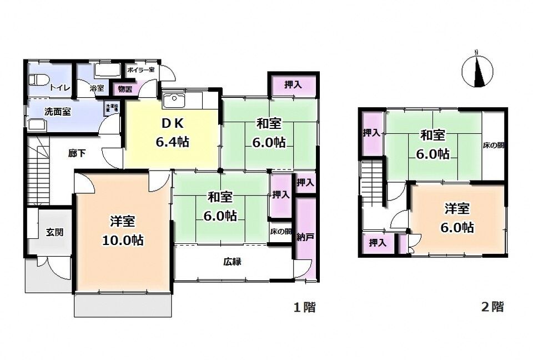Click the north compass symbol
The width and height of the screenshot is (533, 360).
coord(477,72)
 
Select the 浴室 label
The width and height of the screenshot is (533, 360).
coord(97,88)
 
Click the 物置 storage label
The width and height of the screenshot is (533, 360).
coord(125,88)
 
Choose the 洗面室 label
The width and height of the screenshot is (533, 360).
coord(57,111)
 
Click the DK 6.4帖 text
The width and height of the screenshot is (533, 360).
coord(172,132)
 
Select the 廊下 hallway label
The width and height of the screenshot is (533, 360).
coord(77,153)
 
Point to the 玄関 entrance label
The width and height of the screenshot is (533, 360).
coord(53,232)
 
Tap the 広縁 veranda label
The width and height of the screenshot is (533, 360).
coord(233,262)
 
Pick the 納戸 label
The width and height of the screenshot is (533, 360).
coord(305,237)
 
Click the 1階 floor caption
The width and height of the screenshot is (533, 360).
coord(304,307)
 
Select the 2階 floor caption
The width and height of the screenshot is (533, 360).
coord(492,307)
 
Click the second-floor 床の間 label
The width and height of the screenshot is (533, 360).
coord(493,146)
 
